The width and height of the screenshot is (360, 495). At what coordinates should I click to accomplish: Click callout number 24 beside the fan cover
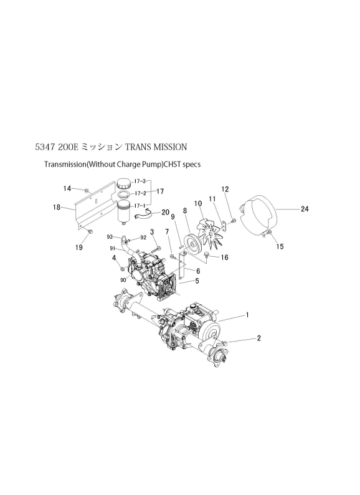305,209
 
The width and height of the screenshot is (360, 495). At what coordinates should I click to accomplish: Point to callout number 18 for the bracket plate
57,208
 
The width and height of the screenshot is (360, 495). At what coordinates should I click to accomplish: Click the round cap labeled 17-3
124,183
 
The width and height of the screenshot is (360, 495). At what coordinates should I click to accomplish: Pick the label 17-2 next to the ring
140,193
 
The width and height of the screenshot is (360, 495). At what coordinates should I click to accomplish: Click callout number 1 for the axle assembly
248,315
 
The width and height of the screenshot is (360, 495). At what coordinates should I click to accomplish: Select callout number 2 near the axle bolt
258,338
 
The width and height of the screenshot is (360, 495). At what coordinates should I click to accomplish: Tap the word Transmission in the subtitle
65,164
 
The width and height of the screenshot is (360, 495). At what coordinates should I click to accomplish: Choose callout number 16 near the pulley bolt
224,257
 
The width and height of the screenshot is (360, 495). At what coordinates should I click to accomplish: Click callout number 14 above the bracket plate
67,188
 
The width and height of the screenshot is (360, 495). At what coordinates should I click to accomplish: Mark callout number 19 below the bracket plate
79,247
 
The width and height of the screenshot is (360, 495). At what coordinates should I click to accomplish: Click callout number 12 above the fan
225,189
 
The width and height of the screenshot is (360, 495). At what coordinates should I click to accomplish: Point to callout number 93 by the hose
110,237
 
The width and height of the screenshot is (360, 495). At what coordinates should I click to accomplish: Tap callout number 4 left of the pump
114,258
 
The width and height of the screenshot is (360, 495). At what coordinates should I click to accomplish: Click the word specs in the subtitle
191,165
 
